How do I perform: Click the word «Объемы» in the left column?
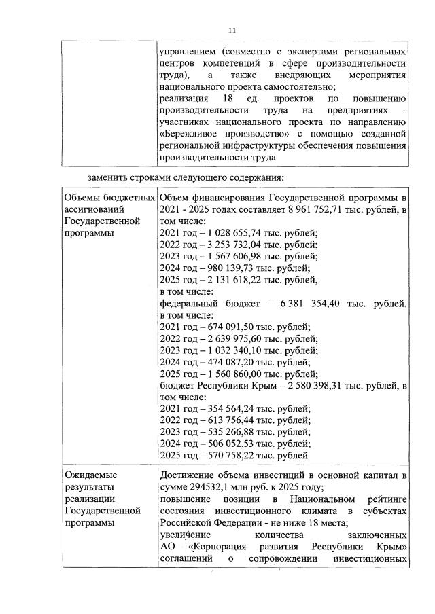82,197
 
